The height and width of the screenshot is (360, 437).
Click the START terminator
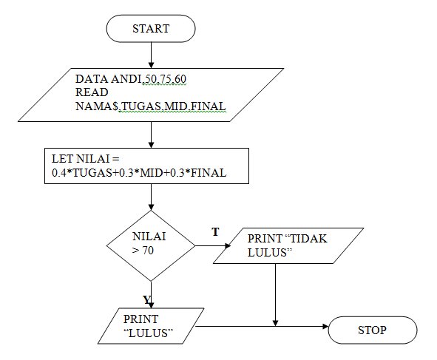(151, 29)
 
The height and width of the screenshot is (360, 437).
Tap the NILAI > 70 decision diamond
(151, 245)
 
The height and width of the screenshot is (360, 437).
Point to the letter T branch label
(215, 232)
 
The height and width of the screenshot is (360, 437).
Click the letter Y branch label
(147, 299)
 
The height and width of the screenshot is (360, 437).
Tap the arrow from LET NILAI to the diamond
(151, 196)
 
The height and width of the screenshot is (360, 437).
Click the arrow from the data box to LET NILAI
(151, 134)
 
